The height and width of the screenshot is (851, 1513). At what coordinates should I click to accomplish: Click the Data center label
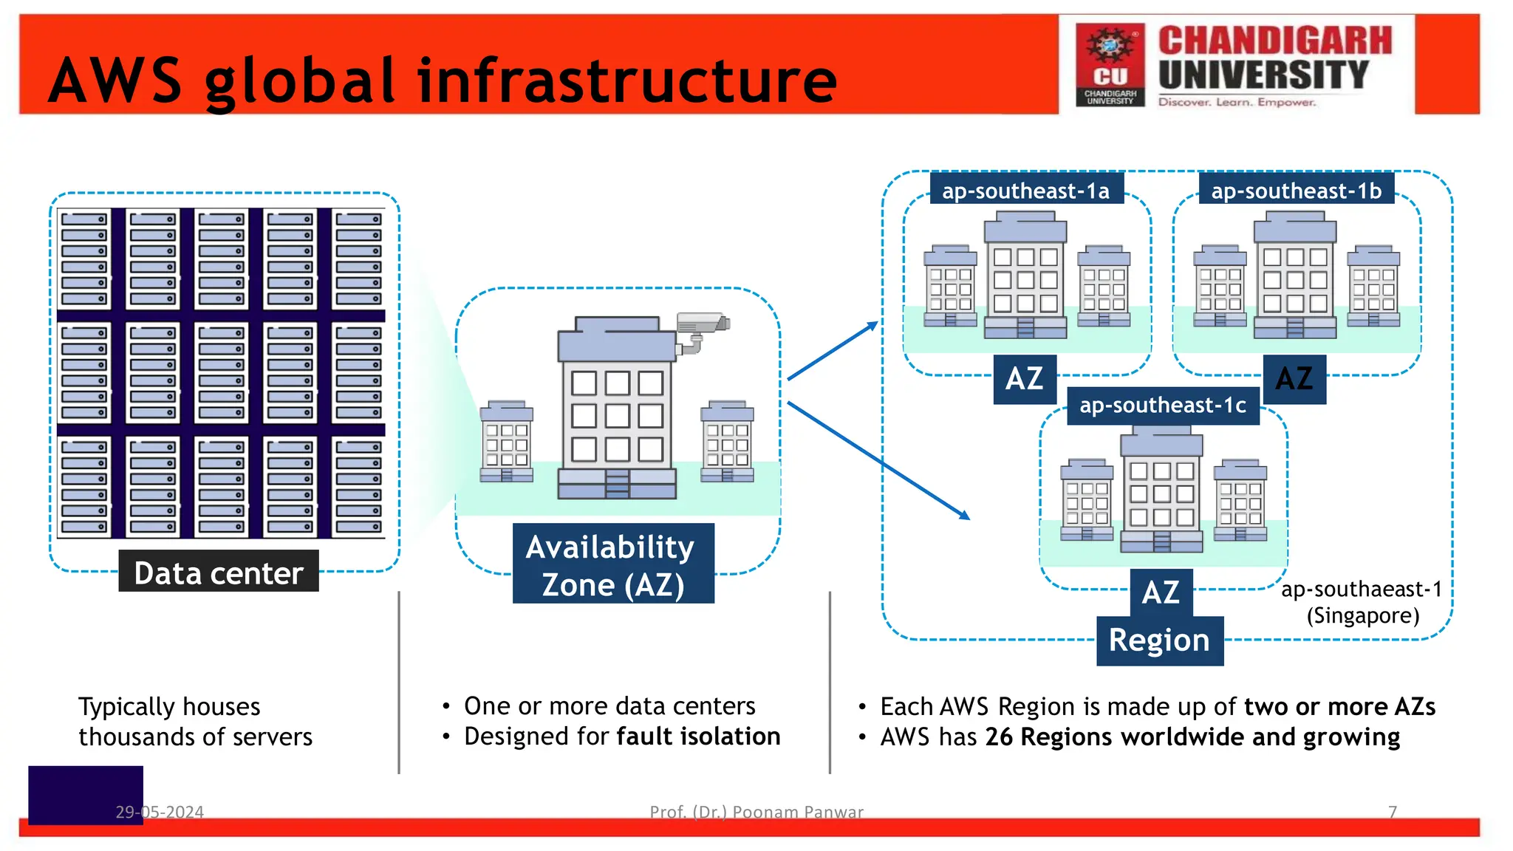pos(219,573)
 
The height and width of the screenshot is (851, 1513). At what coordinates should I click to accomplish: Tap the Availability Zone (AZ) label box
pos(612,565)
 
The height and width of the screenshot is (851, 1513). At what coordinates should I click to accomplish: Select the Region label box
pos(1159,640)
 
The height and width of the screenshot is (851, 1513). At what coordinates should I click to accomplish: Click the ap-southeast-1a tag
pos(1025,191)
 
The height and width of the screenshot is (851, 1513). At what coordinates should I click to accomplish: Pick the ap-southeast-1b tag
pos(1296,191)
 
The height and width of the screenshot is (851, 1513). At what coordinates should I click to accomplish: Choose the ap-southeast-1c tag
pos(1163,405)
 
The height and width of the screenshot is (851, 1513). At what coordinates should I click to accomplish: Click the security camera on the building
pos(702,329)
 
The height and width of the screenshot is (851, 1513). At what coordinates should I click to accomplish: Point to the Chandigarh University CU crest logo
pos(1110,65)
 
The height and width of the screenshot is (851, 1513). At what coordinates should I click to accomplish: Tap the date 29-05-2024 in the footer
pos(160,812)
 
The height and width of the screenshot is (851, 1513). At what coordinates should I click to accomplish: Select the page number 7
pos(1392,812)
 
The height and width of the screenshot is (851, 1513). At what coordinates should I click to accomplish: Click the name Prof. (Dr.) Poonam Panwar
pos(756,812)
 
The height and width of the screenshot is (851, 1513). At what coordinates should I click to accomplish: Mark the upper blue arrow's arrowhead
pos(872,326)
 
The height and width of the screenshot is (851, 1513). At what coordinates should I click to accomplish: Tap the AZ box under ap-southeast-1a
pos(1024,379)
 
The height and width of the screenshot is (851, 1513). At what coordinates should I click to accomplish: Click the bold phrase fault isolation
pos(698,736)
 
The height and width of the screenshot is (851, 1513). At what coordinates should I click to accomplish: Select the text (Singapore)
pos(1363,615)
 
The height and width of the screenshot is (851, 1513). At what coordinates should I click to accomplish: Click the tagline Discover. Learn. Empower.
pos(1237,102)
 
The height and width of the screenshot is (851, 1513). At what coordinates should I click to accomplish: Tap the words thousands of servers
pos(195,737)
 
